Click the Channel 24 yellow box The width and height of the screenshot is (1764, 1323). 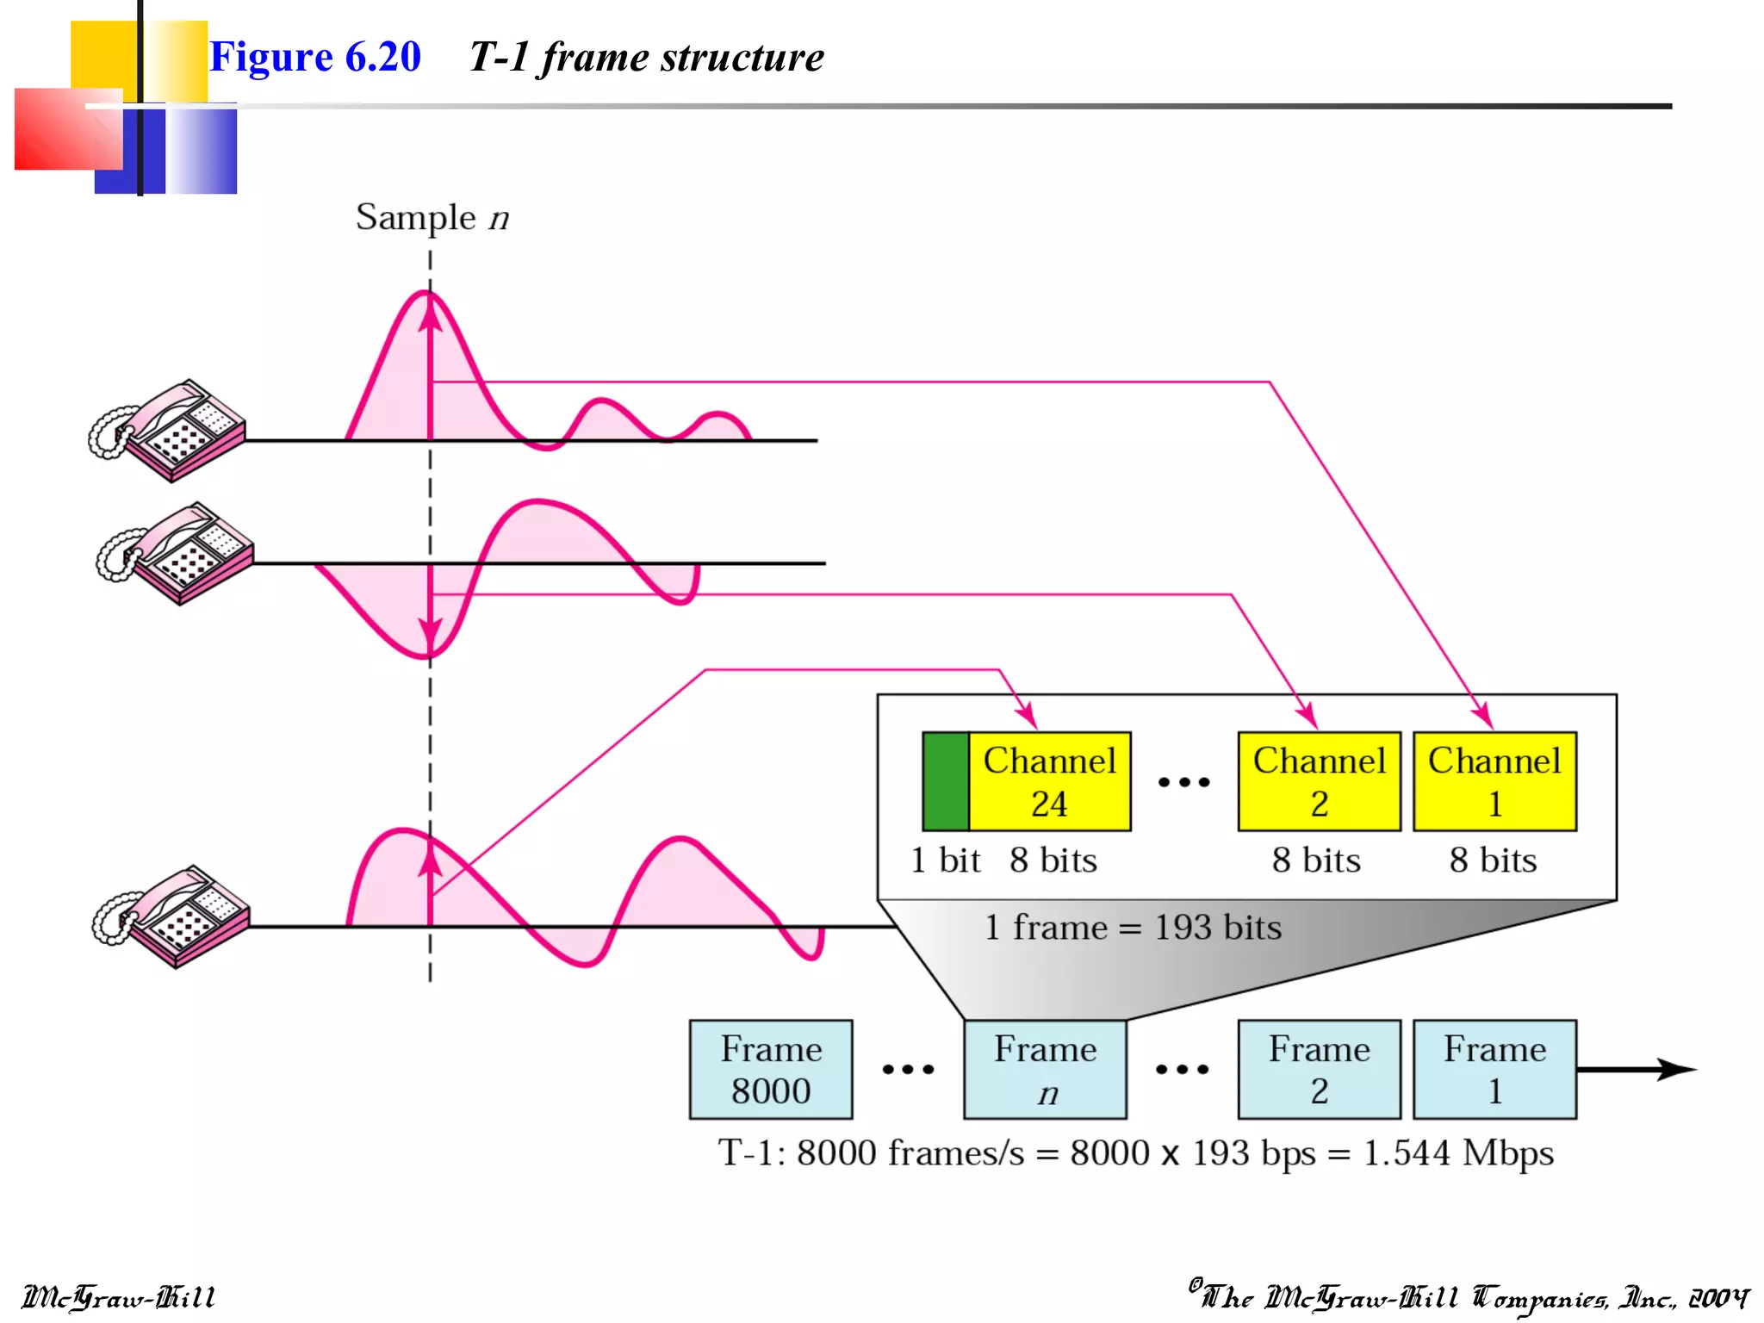(x=1049, y=781)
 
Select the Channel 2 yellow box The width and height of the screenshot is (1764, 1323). (x=1319, y=781)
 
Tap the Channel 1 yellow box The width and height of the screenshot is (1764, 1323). (x=1494, y=781)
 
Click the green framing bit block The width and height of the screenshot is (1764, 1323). (x=945, y=781)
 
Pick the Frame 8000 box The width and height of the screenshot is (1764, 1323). (x=771, y=1069)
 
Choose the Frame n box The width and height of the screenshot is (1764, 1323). (x=1045, y=1069)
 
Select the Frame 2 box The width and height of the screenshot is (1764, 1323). (x=1319, y=1069)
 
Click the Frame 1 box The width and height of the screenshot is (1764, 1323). (x=1494, y=1069)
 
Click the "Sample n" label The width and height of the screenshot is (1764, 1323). (x=432, y=218)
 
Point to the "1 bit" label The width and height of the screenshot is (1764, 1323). (x=946, y=860)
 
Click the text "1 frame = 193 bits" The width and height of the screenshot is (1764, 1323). (x=1133, y=928)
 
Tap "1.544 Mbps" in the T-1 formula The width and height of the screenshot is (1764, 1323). (x=1457, y=1152)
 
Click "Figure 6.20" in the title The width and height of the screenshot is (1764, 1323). (x=315, y=57)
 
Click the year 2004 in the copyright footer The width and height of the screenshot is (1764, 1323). (x=1717, y=1297)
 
